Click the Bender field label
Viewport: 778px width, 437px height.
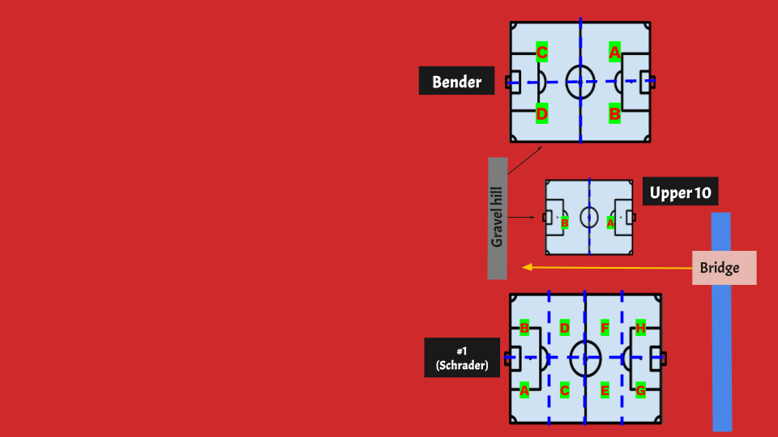tap(456, 81)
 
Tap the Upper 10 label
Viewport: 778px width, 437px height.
tap(680, 193)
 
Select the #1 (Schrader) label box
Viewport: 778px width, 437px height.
tap(462, 358)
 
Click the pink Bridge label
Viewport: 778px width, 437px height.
tap(724, 268)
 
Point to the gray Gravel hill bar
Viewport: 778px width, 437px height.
tap(498, 218)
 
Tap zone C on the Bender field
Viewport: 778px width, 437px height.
tap(542, 53)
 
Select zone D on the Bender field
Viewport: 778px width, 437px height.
tap(542, 115)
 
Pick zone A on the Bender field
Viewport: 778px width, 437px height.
tap(614, 53)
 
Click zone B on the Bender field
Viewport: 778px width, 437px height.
tap(614, 115)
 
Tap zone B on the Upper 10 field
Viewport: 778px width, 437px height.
tap(565, 223)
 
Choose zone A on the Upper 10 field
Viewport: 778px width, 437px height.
tap(610, 223)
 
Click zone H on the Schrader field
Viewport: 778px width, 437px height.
tap(640, 328)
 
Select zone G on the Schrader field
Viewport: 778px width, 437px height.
tap(640, 390)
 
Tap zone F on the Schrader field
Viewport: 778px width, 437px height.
tap(605, 328)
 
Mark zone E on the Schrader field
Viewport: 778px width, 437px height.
tap(605, 390)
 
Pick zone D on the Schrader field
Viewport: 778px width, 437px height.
tap(565, 328)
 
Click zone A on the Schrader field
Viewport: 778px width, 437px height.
tap(524, 390)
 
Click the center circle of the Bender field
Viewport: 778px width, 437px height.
tap(580, 82)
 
